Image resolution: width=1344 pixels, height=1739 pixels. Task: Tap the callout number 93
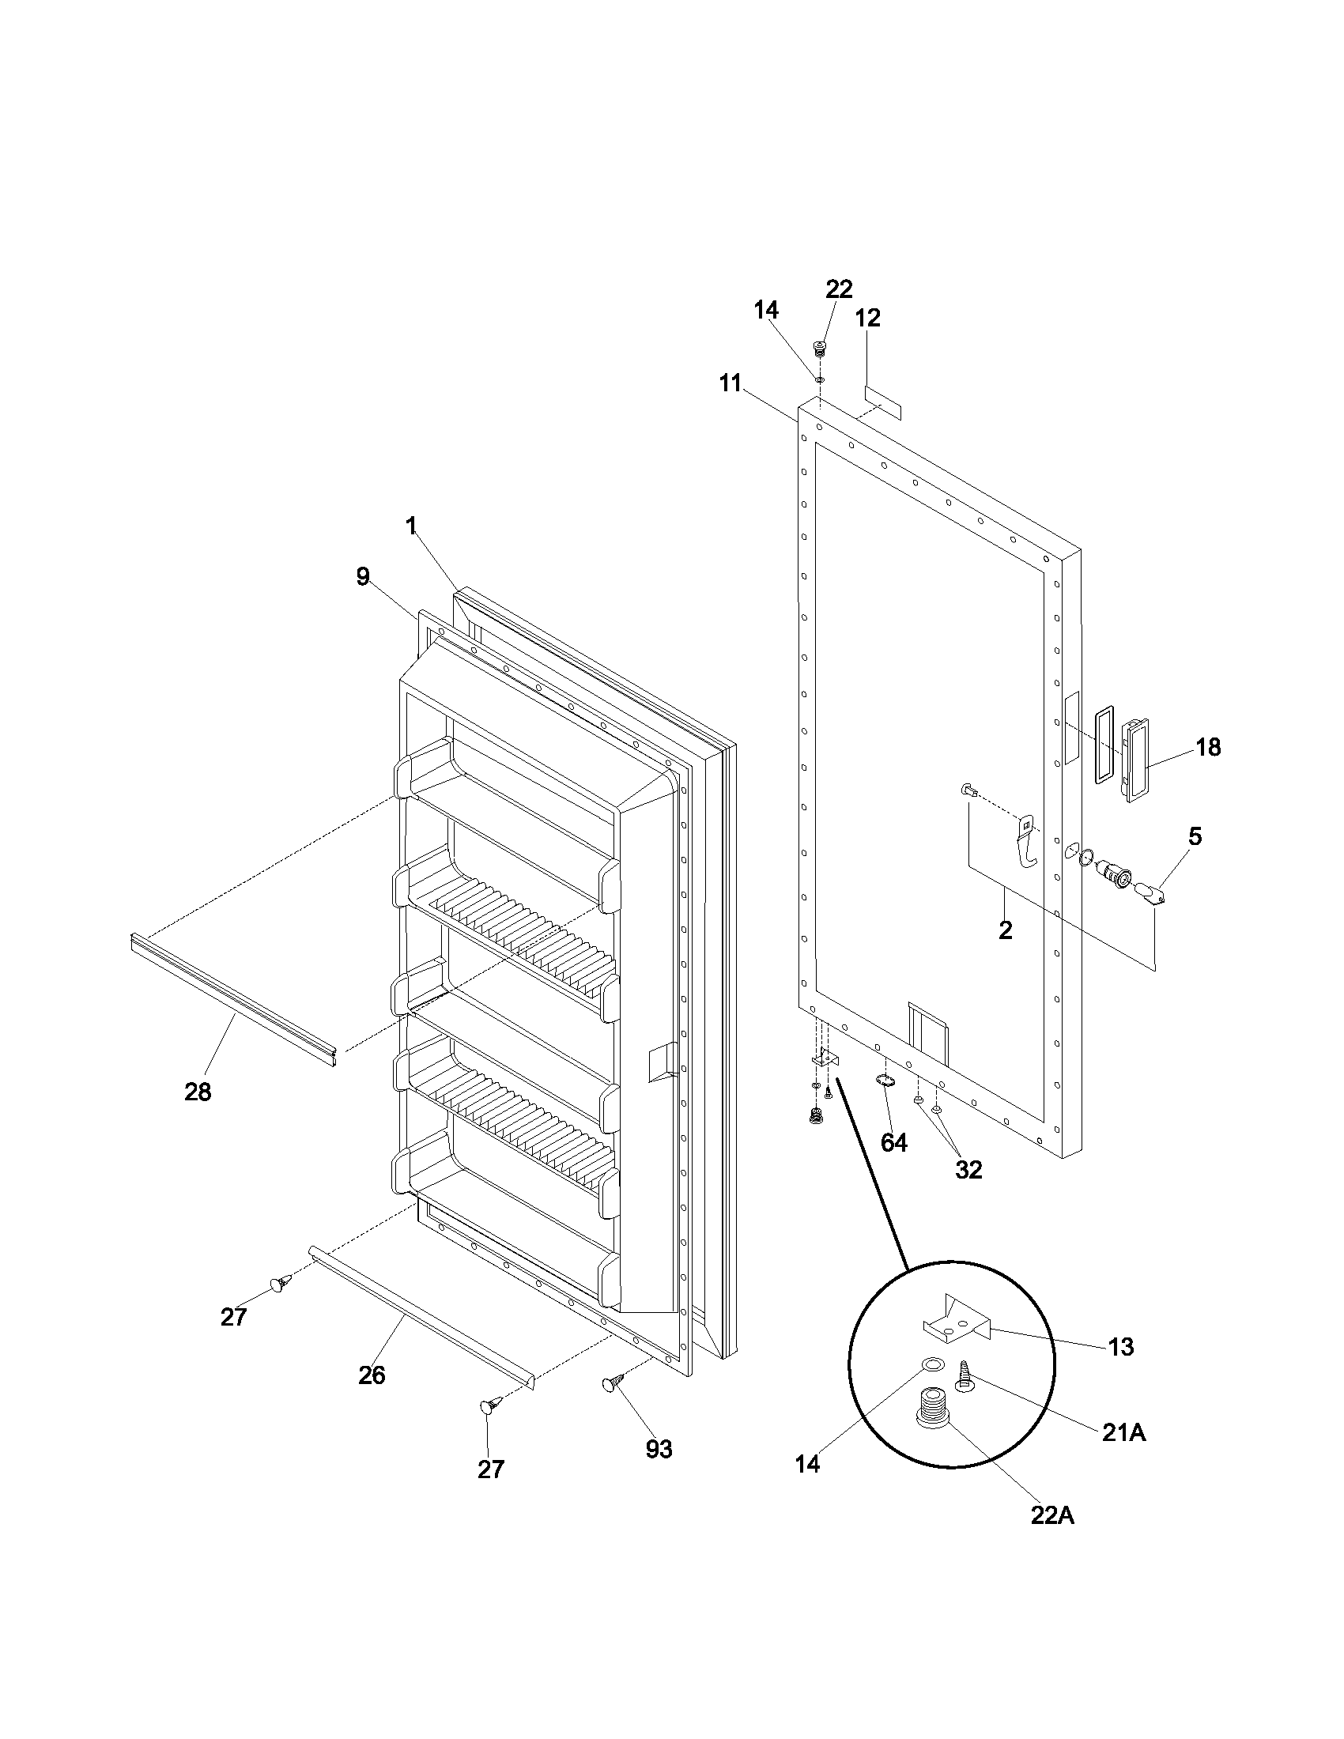(x=659, y=1450)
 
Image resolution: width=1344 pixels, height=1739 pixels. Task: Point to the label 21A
(x=1123, y=1433)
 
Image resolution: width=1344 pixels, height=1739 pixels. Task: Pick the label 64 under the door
(x=893, y=1143)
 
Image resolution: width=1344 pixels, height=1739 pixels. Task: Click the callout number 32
(x=968, y=1170)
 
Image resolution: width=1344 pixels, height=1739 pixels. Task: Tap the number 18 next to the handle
(x=1208, y=747)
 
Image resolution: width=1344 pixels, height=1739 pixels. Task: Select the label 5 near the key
(x=1195, y=836)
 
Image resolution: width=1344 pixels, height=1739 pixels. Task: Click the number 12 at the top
(x=867, y=318)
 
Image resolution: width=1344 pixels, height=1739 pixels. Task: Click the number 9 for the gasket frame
(x=363, y=576)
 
